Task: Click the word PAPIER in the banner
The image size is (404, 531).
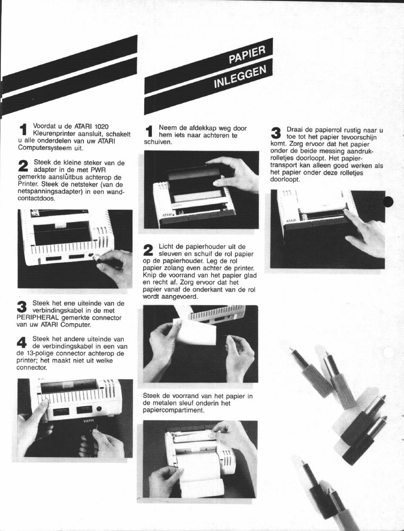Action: pos(247,54)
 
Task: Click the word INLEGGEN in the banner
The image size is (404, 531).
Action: pos(240,77)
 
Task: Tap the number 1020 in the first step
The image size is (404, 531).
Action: pos(101,126)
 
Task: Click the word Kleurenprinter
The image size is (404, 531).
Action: pos(56,134)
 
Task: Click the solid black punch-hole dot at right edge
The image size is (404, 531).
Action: pos(388,202)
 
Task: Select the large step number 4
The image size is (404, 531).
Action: pos(22,343)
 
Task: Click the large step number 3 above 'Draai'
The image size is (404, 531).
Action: pos(276,134)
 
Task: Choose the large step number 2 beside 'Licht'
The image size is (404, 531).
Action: pos(148,250)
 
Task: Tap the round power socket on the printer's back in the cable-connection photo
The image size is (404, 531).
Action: pos(99,409)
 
